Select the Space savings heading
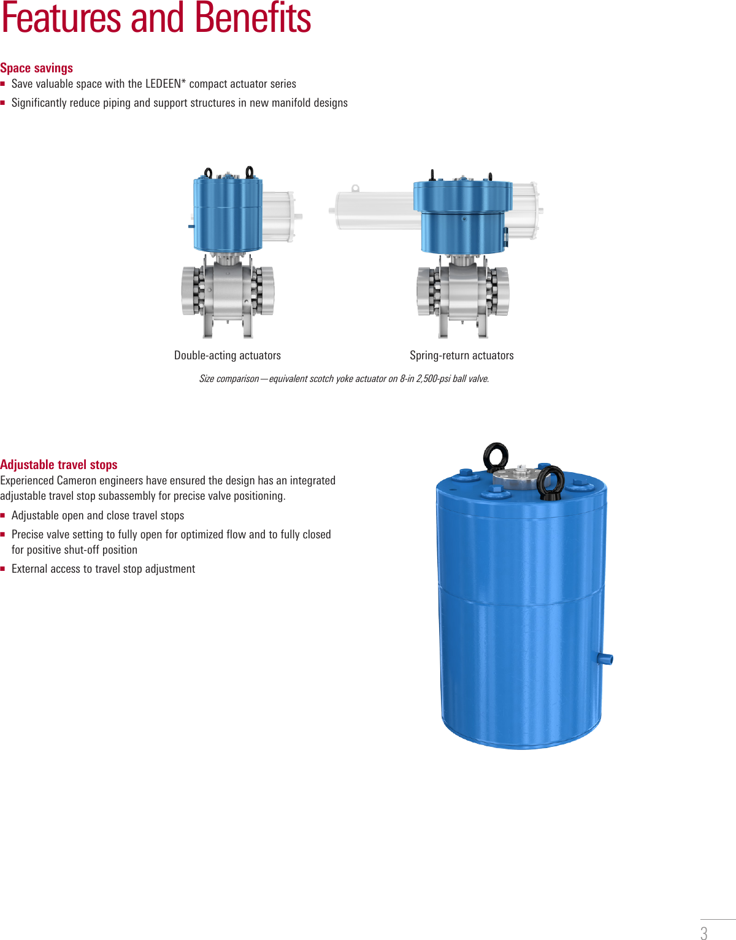(37, 68)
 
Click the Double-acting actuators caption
(228, 356)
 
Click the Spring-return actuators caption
(462, 356)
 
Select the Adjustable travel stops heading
(59, 465)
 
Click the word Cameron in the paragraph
(77, 481)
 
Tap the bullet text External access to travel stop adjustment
(103, 569)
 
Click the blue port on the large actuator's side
(605, 659)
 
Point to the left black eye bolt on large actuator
(496, 457)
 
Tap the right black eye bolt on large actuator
(550, 481)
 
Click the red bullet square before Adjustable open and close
(3, 516)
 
